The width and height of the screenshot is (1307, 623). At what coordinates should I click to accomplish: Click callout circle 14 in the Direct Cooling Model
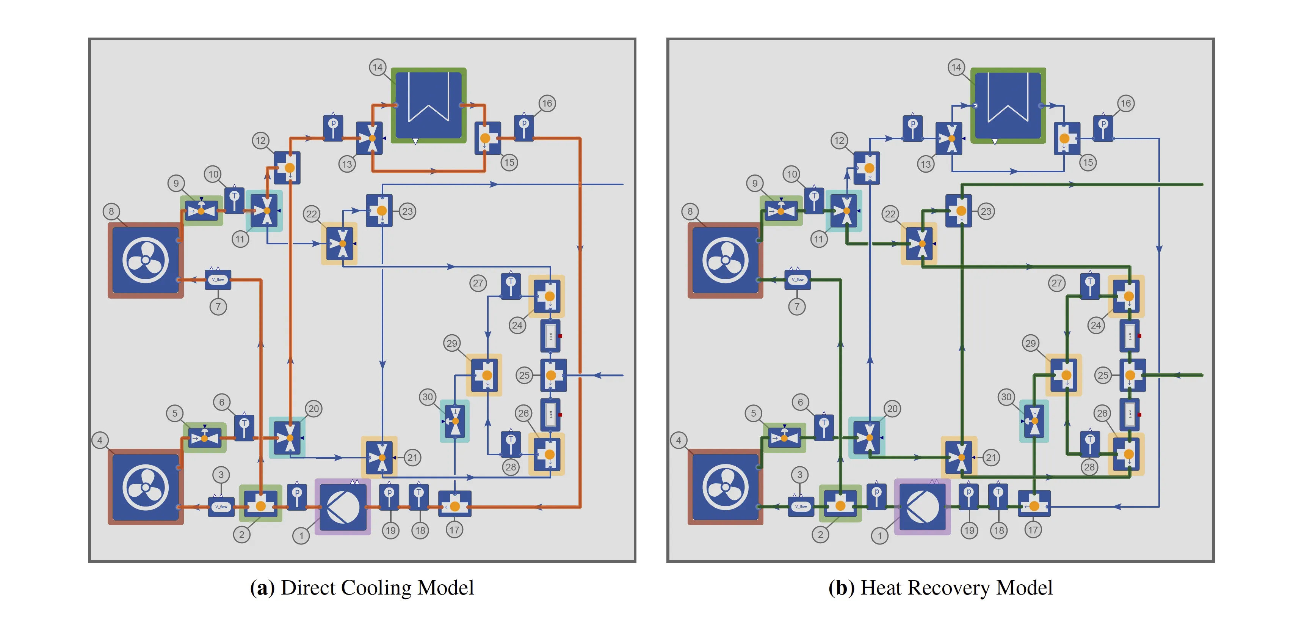click(x=378, y=67)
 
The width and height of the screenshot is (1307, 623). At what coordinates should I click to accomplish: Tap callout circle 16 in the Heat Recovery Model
click(x=1125, y=104)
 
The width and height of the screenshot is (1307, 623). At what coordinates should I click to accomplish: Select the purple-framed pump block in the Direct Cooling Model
click(x=343, y=507)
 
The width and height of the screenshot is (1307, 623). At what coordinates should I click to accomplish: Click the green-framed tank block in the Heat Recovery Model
click(x=1008, y=105)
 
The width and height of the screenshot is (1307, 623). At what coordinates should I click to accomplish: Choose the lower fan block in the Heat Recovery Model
click(x=725, y=487)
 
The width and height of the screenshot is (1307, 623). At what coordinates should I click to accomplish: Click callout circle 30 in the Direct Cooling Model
click(x=428, y=397)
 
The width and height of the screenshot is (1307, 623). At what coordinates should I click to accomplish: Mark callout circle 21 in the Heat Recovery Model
click(x=991, y=458)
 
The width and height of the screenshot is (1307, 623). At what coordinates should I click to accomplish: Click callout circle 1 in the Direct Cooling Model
click(x=301, y=535)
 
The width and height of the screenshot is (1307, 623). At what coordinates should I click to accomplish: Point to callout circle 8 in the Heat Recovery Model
click(x=690, y=211)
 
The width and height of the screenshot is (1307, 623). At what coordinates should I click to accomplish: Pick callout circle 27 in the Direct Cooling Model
click(x=478, y=283)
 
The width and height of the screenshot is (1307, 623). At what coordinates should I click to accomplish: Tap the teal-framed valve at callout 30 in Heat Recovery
click(x=1034, y=421)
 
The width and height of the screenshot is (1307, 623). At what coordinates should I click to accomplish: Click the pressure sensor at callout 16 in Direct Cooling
click(x=524, y=128)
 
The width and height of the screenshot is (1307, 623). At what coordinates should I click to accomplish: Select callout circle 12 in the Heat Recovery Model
click(x=839, y=141)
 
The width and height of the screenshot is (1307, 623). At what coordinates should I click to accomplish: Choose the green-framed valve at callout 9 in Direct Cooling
click(x=201, y=210)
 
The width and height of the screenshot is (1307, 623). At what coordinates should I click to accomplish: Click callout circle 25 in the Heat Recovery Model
click(x=1103, y=375)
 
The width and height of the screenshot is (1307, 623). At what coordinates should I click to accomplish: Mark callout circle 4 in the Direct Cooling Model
click(x=100, y=440)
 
